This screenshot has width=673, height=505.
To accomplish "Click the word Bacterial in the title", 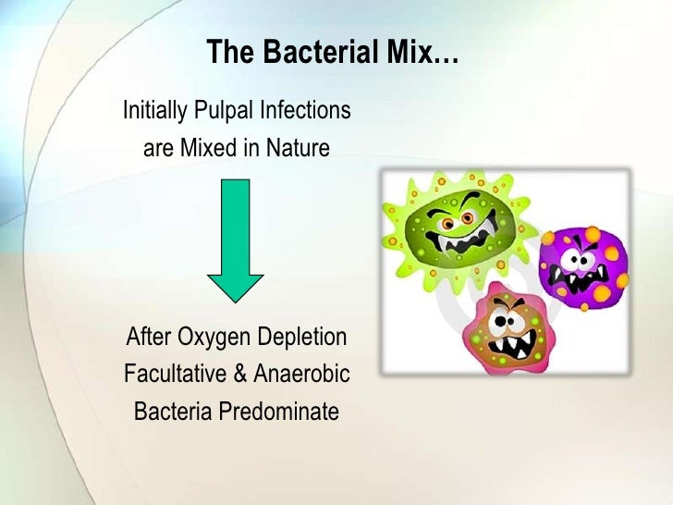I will click(304, 53).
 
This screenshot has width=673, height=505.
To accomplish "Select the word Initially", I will click(154, 111).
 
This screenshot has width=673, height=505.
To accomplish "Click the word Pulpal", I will click(221, 111).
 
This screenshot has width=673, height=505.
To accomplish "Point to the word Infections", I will click(302, 111).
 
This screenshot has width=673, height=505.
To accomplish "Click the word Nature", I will click(295, 147).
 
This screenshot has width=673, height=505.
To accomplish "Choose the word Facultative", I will click(176, 375).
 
